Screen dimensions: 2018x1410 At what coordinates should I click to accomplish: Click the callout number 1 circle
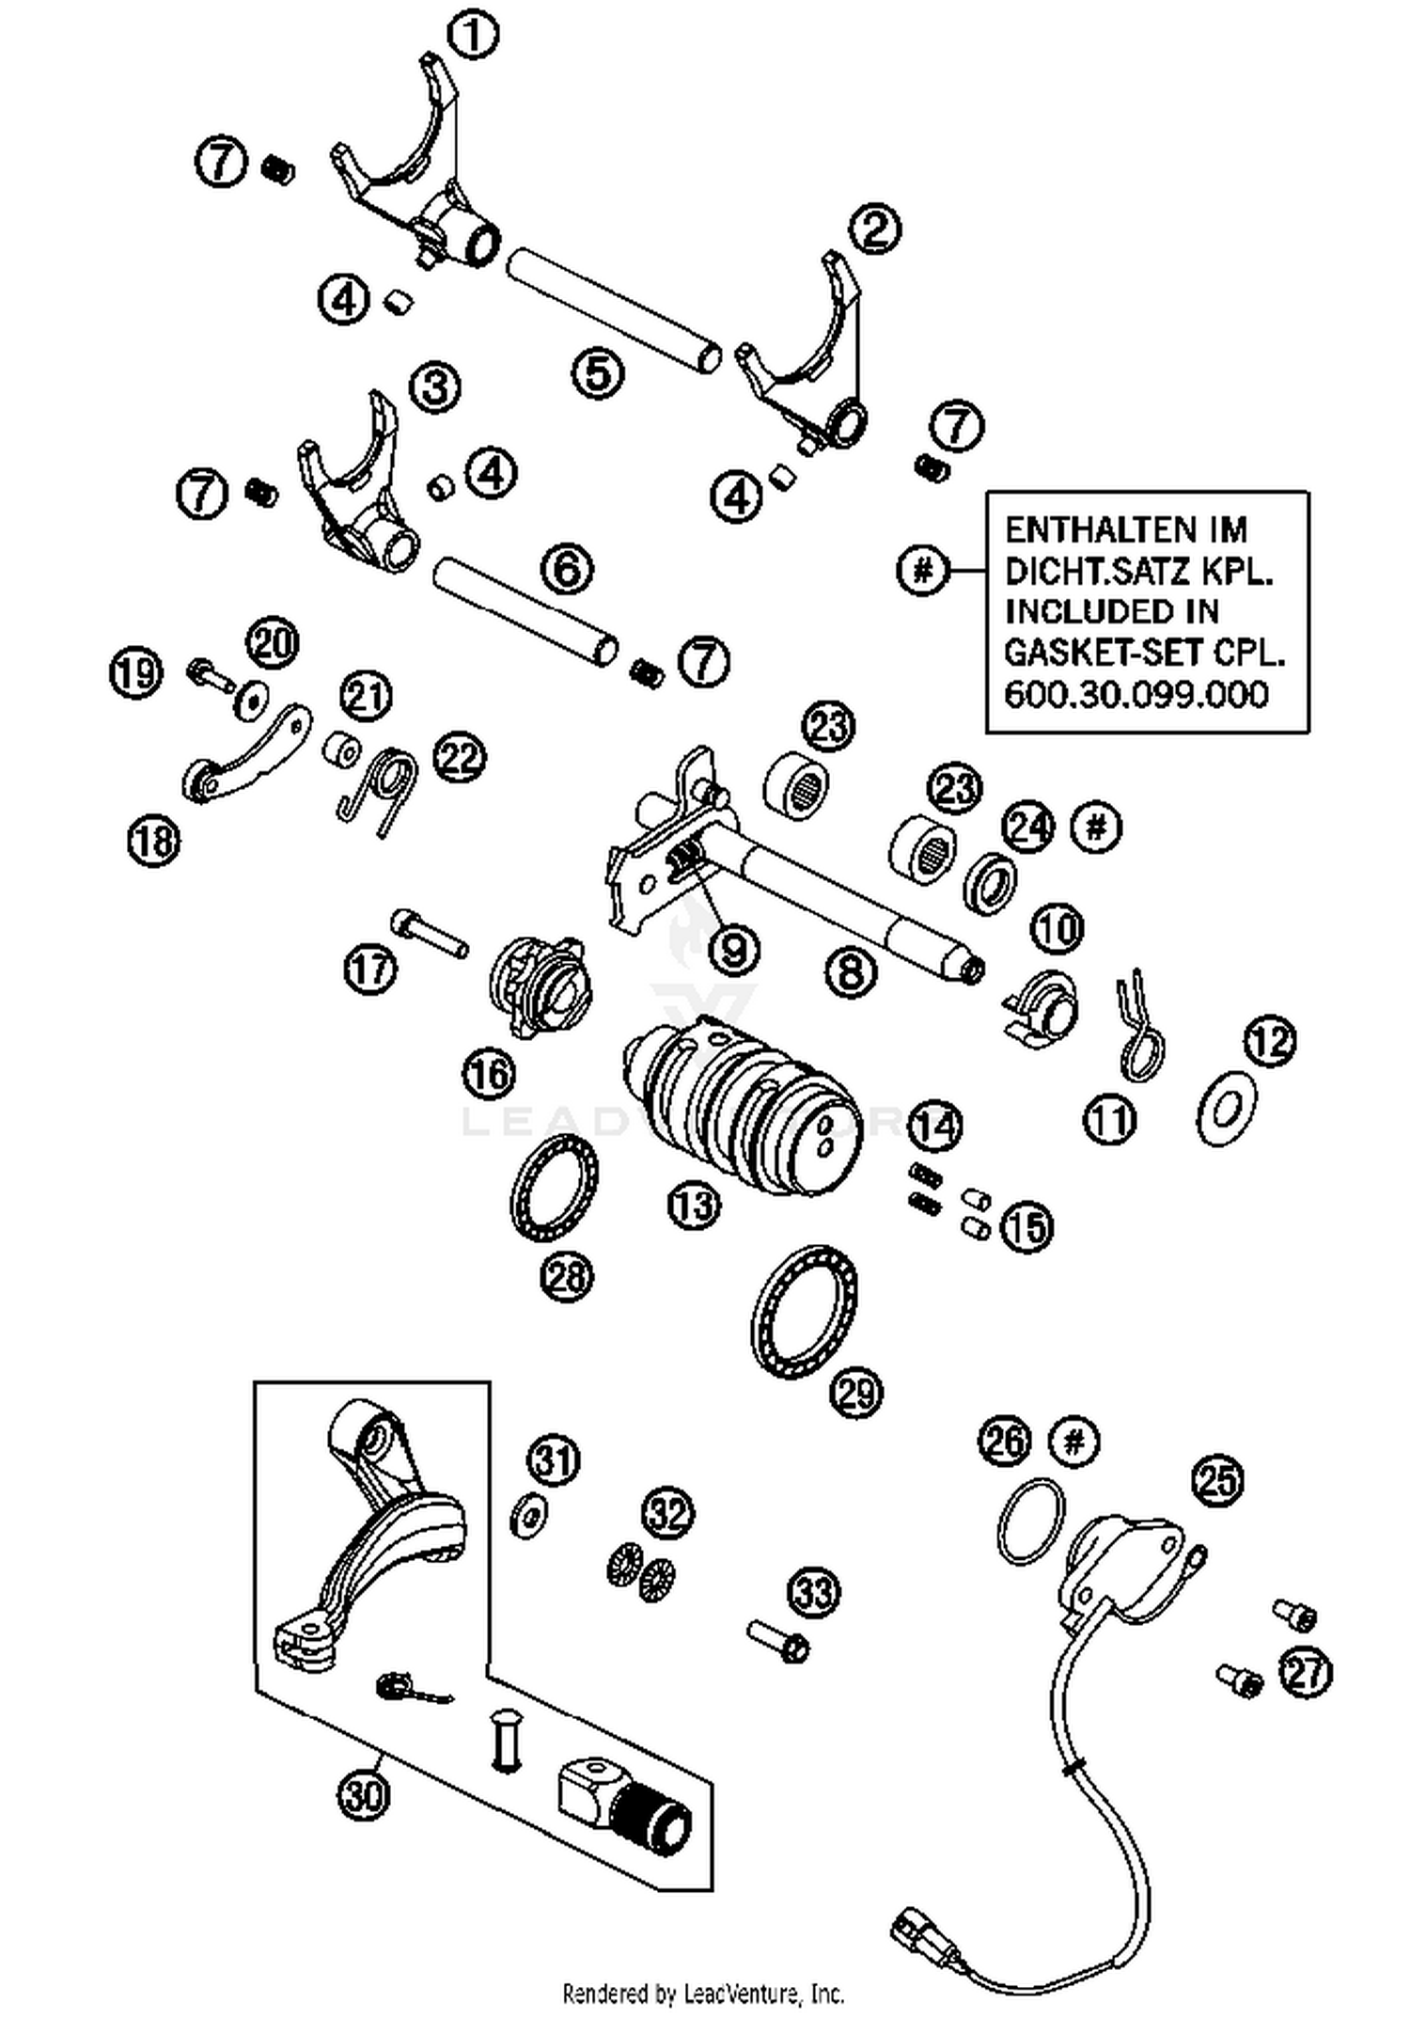(x=473, y=35)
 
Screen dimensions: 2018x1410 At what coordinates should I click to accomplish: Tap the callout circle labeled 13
(x=694, y=1205)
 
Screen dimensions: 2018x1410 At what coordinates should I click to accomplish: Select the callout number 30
(x=364, y=1796)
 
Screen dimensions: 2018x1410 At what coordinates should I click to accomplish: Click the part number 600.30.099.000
(x=1136, y=695)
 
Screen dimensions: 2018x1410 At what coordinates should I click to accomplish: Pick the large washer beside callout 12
(x=1227, y=1111)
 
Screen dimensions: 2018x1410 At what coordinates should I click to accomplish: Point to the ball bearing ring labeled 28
(x=554, y=1187)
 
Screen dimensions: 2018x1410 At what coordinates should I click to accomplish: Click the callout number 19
(x=136, y=672)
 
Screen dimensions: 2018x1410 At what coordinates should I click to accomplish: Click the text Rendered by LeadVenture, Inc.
(x=702, y=1993)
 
